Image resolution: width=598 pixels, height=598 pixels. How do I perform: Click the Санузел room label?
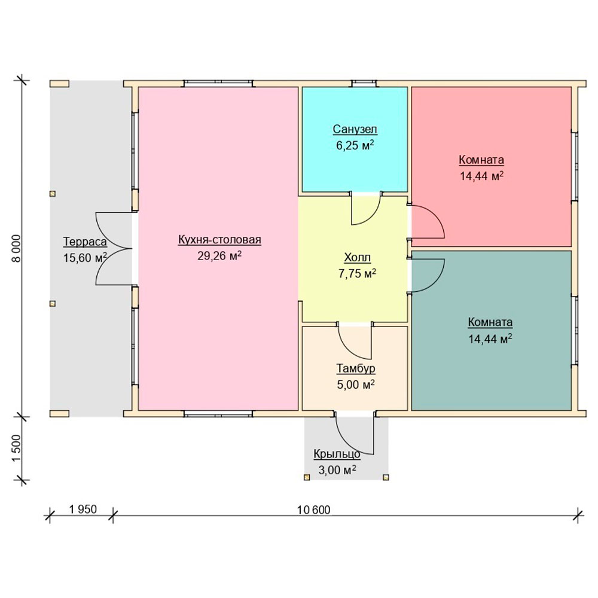[x=355, y=129]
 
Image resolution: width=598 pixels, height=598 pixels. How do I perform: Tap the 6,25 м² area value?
[x=355, y=145]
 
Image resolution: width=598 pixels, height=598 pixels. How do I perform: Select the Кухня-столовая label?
[x=219, y=240]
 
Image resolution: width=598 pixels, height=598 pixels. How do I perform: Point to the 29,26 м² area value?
[x=219, y=255]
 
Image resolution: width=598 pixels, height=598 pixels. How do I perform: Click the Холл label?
[x=358, y=258]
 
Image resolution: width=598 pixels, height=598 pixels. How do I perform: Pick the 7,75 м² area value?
[x=358, y=273]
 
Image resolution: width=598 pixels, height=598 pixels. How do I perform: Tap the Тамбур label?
[x=356, y=368]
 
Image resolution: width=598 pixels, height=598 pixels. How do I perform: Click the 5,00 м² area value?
[x=356, y=385]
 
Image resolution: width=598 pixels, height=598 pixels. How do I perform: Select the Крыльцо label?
[x=337, y=454]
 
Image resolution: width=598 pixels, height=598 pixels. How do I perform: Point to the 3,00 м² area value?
[x=337, y=470]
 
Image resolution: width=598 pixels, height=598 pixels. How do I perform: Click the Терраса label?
[x=85, y=242]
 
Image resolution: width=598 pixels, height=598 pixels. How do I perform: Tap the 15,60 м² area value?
[x=85, y=258]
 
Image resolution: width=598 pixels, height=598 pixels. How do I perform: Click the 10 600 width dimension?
[x=313, y=510]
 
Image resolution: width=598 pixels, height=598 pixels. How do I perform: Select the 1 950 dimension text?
[x=83, y=509]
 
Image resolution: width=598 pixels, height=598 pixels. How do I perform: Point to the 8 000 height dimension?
[x=16, y=249]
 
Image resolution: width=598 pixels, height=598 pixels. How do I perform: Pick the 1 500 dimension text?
[x=16, y=448]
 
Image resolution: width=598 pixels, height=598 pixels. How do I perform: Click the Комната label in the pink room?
[x=481, y=160]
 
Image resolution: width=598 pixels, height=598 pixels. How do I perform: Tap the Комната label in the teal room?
[x=490, y=322]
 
